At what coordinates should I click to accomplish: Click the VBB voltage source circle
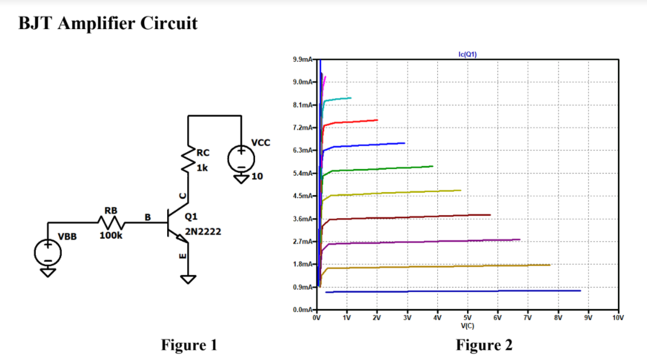[47, 252]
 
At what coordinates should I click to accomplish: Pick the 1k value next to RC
[202, 168]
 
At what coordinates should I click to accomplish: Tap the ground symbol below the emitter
[188, 279]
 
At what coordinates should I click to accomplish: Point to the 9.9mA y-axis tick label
[302, 60]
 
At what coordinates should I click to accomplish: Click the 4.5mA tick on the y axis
[302, 196]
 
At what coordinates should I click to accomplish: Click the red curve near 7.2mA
[351, 122]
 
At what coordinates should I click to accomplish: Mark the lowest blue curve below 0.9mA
[454, 292]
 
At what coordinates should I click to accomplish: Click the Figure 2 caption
[484, 345]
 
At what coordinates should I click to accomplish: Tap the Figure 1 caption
[188, 345]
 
